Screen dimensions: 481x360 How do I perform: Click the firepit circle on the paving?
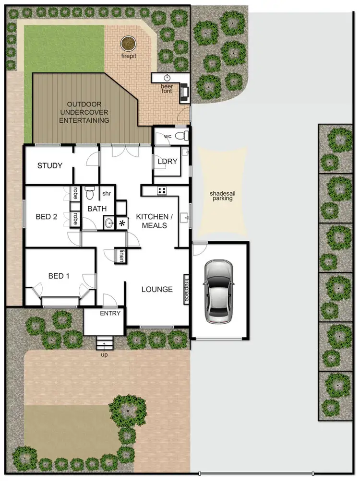[128, 44]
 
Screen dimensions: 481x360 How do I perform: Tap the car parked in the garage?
[219, 292]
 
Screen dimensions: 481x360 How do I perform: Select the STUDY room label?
[50, 166]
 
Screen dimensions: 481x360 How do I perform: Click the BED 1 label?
[59, 276]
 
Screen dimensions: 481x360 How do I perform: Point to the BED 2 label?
[47, 217]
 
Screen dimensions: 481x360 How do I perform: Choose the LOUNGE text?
[157, 289]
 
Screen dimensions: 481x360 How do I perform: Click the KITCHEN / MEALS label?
[152, 221]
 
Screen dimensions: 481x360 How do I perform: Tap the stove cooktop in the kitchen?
[162, 191]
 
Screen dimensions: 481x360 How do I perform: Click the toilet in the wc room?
[180, 136]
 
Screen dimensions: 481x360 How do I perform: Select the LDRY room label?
[168, 162]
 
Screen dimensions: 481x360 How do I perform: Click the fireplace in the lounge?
[186, 289]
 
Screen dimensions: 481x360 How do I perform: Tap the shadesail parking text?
[221, 196]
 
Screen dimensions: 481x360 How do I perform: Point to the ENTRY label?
[110, 313]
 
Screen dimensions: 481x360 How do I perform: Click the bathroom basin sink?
[109, 223]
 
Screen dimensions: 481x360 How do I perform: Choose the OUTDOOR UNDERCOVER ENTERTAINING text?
[84, 112]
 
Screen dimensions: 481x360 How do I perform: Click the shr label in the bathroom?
[106, 194]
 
